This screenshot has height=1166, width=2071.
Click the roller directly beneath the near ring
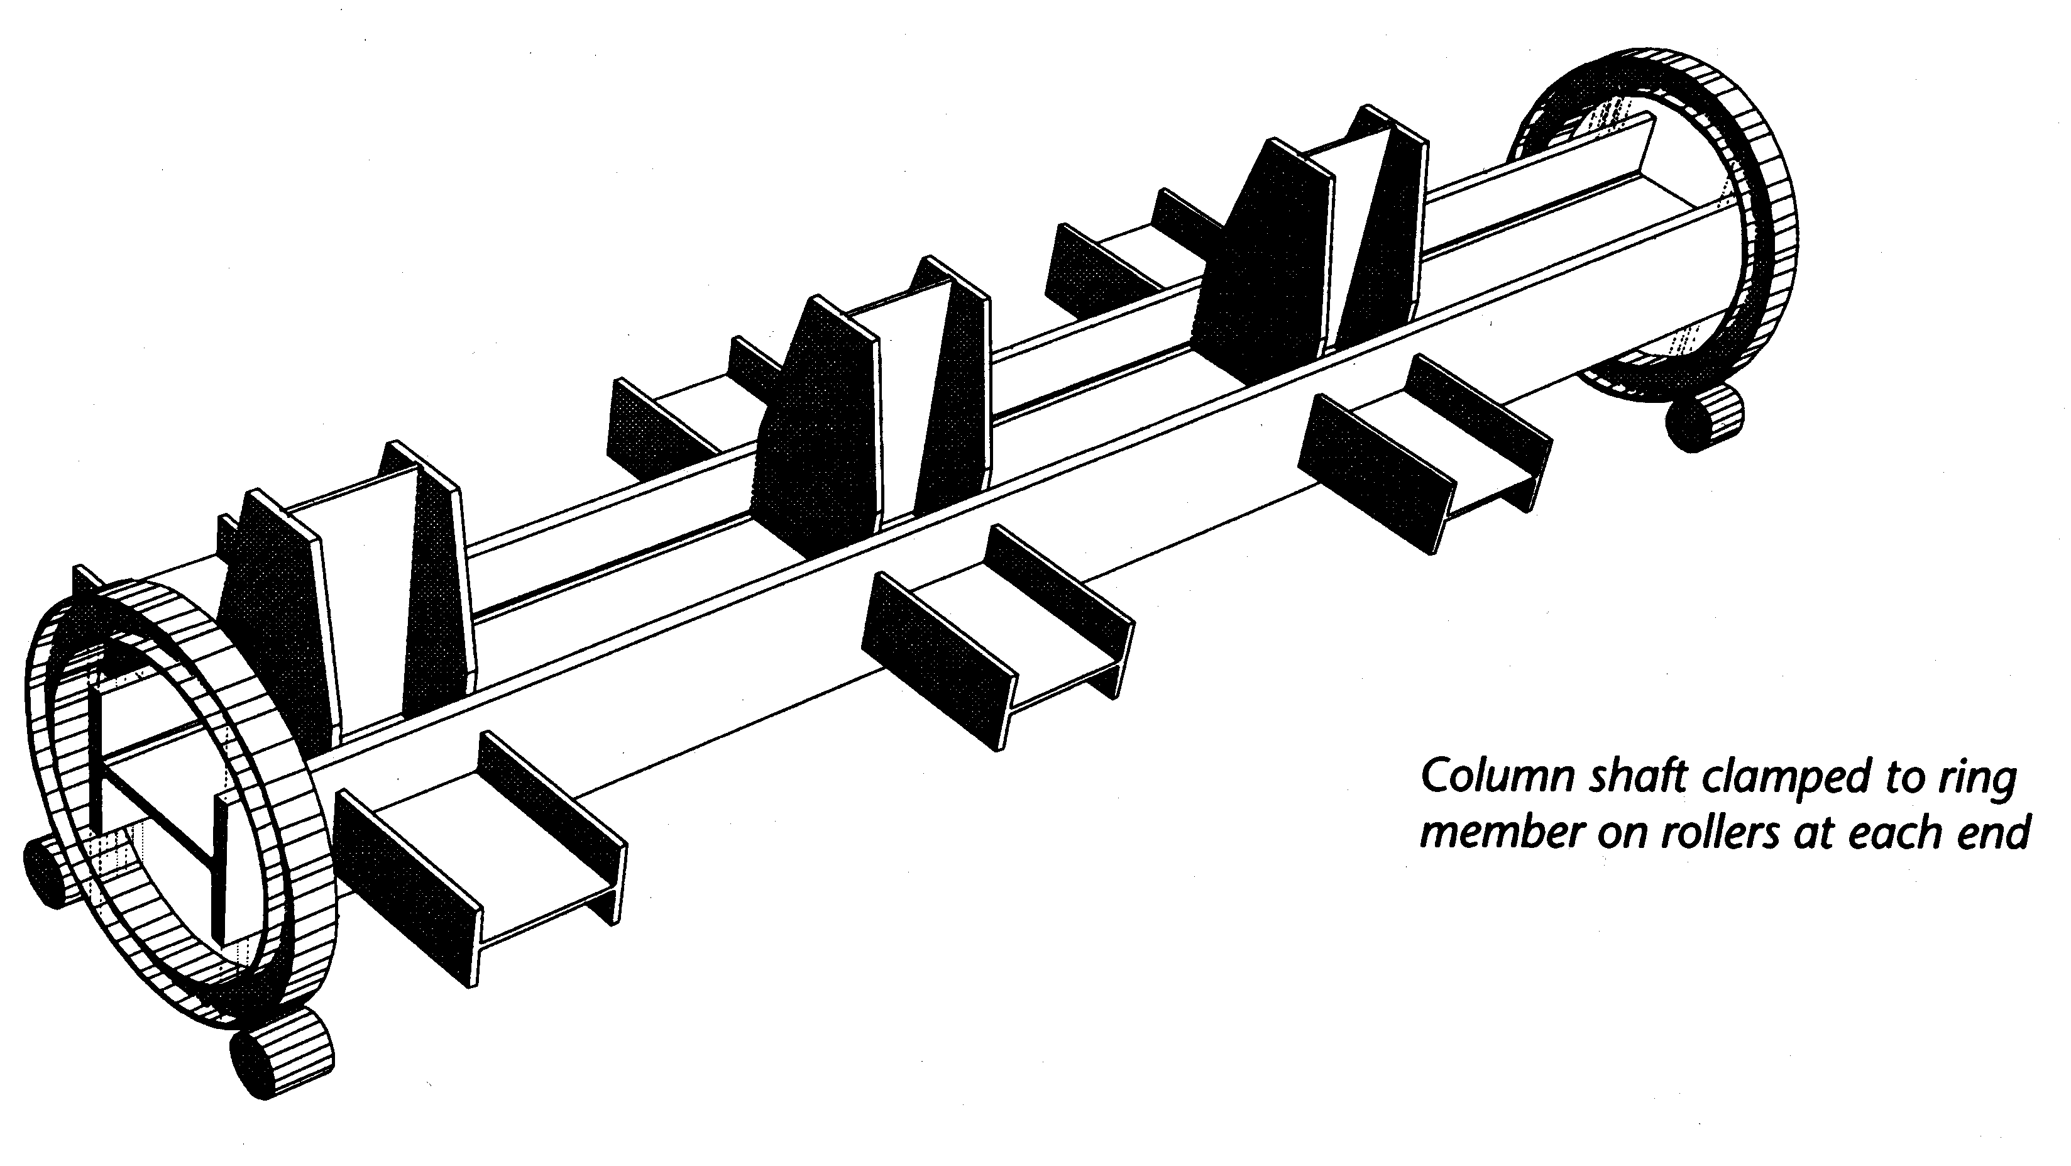coord(282,1053)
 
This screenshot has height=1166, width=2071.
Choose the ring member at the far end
coord(1656,233)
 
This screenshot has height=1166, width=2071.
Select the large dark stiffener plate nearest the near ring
coord(277,611)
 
